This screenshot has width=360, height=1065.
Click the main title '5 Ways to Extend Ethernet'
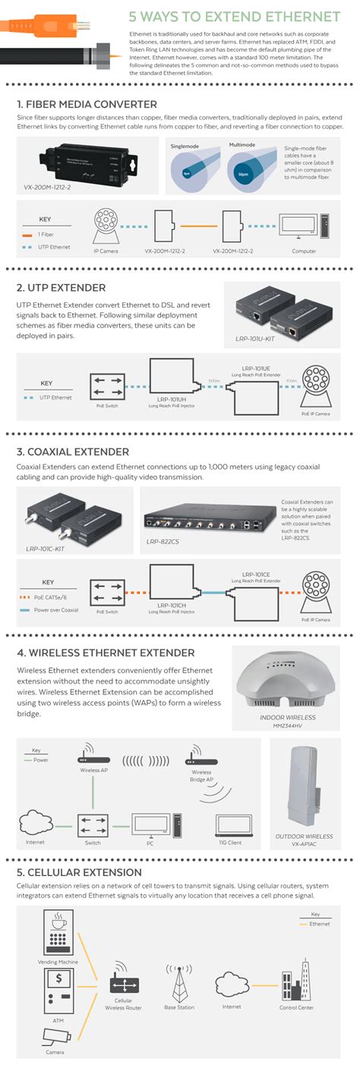coord(234,16)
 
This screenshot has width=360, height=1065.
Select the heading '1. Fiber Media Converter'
coord(87,104)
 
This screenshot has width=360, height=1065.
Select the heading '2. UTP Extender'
coord(61,288)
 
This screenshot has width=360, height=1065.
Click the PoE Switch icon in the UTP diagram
coord(103,387)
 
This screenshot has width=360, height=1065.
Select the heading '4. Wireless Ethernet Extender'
coord(106,653)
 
